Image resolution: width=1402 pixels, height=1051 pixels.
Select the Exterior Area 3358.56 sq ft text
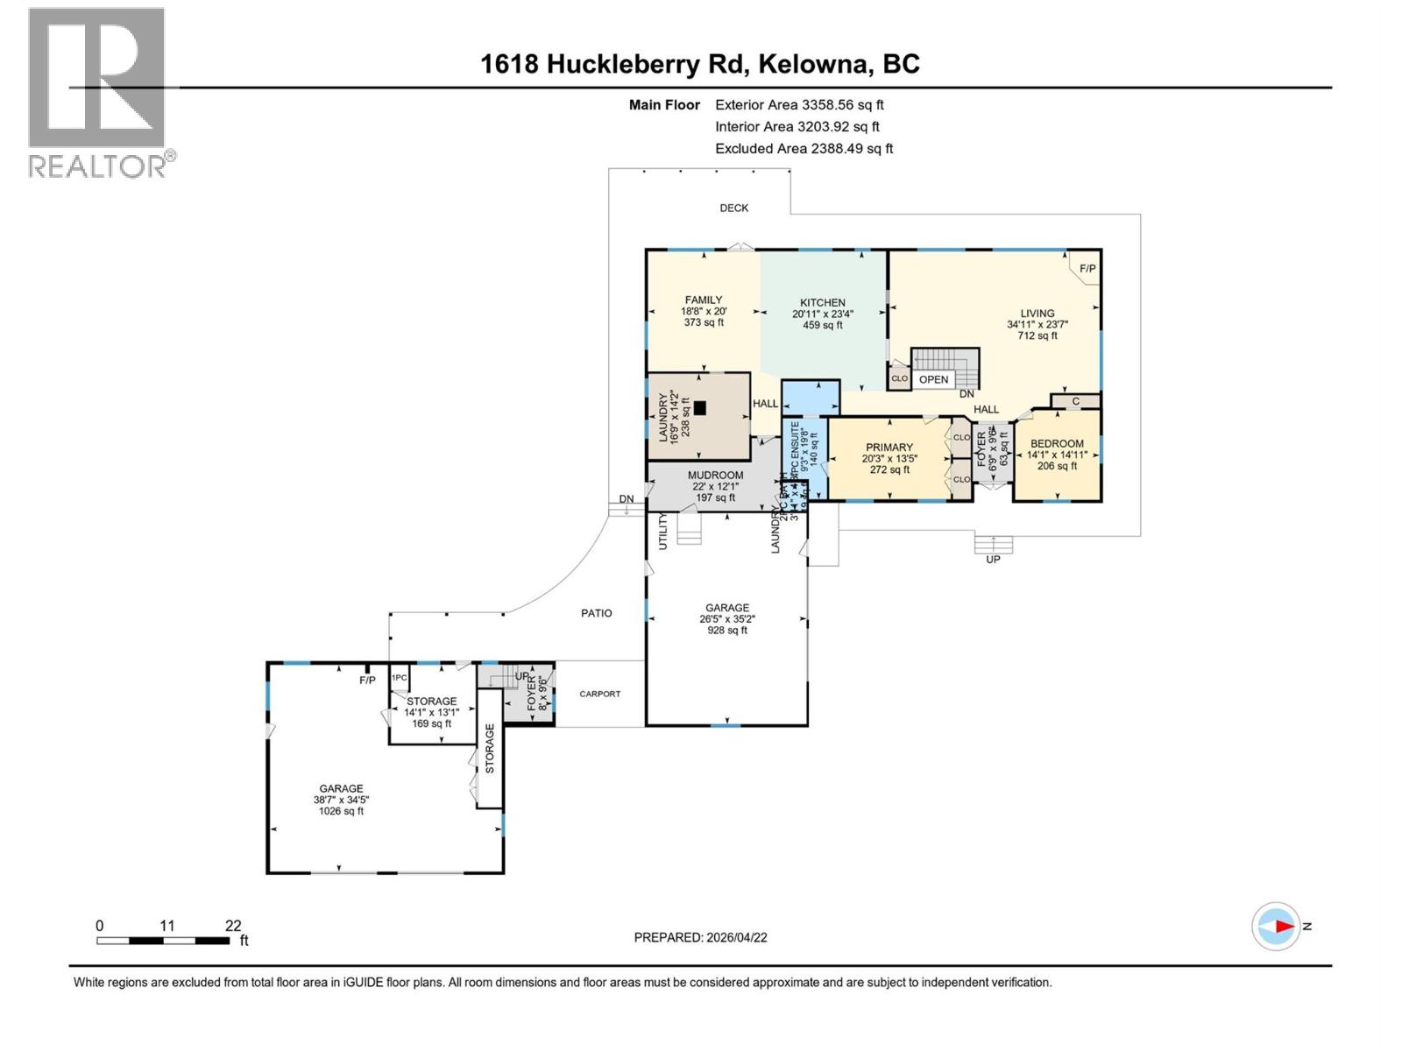[799, 104]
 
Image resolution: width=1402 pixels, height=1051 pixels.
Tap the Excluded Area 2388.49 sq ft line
[804, 149]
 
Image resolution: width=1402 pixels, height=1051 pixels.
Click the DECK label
[733, 208]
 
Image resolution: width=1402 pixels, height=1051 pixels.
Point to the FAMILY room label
[704, 300]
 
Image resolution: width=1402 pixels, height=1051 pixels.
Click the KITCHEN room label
[822, 303]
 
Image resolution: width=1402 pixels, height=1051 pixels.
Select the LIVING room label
[1037, 314]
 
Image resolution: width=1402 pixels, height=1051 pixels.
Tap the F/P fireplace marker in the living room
[1087, 268]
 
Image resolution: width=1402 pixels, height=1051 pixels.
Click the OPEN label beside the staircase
[933, 379]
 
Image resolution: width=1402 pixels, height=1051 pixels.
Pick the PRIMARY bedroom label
[889, 448]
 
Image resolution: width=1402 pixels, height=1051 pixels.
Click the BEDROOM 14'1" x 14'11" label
[1057, 444]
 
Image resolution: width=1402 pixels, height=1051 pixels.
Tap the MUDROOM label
[715, 476]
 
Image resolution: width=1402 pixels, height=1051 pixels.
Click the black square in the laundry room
[699, 407]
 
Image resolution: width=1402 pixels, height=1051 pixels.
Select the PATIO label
[596, 613]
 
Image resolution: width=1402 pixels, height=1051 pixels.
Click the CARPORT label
[599, 694]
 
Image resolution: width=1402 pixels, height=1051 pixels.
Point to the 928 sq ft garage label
[727, 630]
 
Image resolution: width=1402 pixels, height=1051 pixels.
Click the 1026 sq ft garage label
[341, 811]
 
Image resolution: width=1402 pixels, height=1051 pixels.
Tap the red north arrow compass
[1276, 926]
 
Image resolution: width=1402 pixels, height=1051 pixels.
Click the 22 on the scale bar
[233, 926]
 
